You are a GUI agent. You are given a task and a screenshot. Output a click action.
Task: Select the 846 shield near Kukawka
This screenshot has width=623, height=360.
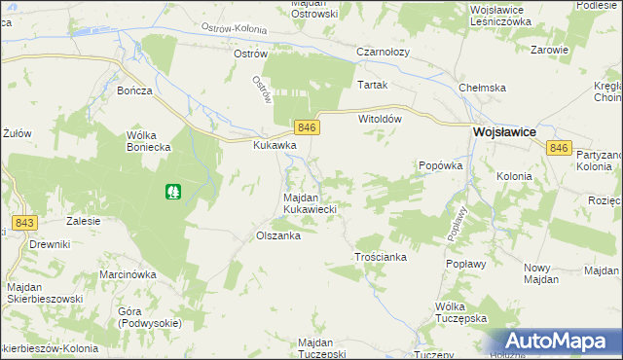point(307,128)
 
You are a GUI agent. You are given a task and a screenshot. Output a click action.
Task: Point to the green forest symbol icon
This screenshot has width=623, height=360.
point(172,193)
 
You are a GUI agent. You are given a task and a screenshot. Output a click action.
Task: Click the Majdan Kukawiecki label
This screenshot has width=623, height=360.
point(310,202)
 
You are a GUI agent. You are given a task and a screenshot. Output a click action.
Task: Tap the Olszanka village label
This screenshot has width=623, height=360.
point(276,235)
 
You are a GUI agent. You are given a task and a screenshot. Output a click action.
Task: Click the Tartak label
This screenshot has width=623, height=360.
point(372,85)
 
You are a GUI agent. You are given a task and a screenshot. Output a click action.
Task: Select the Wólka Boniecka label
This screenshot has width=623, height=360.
point(149,141)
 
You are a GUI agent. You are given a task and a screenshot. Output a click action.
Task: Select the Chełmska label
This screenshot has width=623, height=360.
point(483,88)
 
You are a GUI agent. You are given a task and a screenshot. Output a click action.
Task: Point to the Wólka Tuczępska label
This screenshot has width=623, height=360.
point(459,312)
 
